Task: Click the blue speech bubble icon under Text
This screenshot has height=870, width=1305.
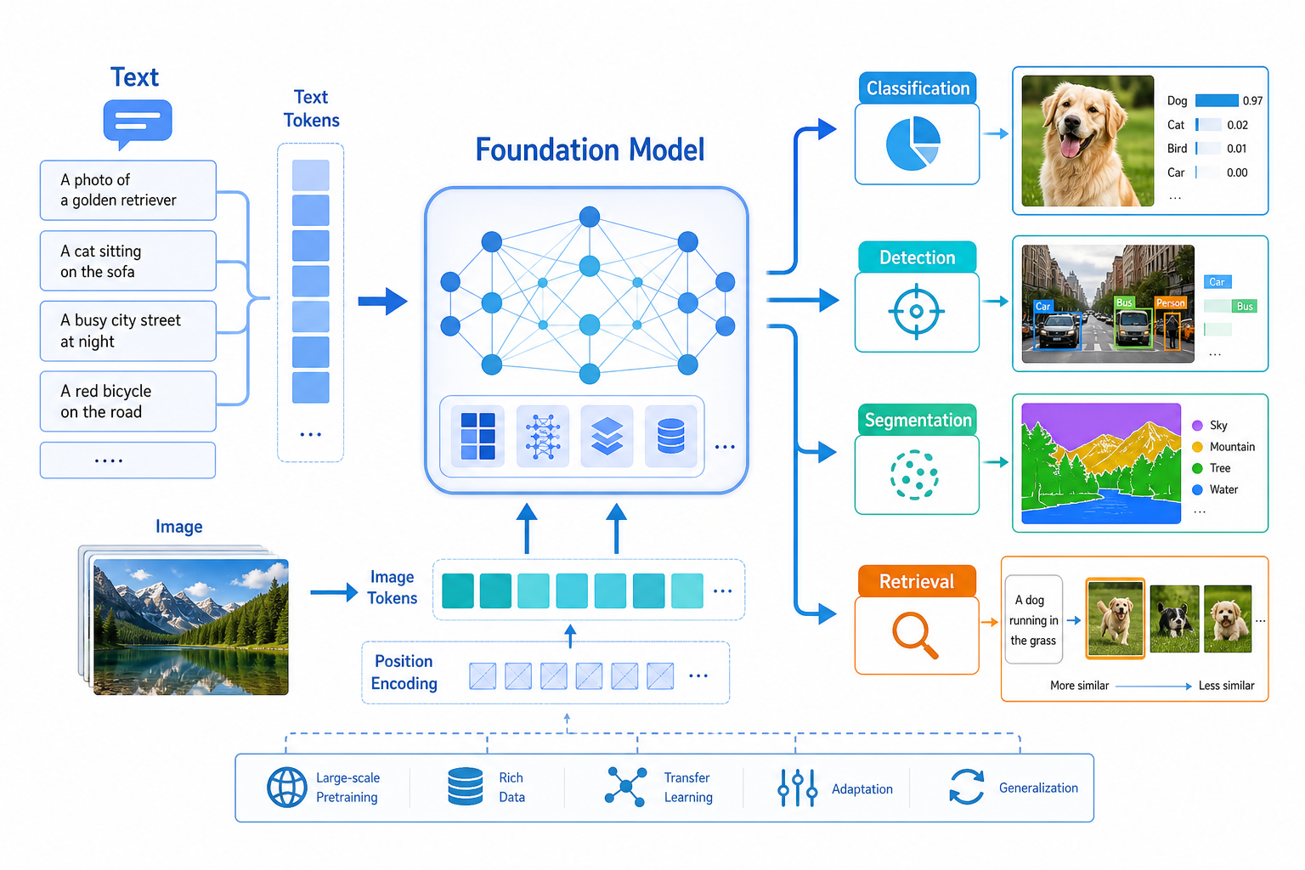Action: pos(138,123)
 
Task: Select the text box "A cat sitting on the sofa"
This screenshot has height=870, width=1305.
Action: pos(128,261)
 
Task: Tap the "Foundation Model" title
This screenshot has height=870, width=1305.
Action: pos(590,150)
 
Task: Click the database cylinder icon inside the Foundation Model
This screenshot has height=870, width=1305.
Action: pos(670,436)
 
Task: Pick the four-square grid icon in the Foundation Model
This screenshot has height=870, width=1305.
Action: pos(477,436)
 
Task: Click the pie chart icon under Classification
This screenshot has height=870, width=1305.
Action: pos(913,144)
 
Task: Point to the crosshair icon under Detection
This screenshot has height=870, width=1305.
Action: pos(917,311)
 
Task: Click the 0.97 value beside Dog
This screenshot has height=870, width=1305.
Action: pos(1252,101)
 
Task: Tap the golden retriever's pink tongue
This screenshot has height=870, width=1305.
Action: pos(1070,147)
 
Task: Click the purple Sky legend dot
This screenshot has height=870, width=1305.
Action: pos(1198,426)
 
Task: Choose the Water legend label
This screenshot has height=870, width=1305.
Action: pos(1223,489)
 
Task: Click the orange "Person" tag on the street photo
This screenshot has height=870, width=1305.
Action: pos(1171,303)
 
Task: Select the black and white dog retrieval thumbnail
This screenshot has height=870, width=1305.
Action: pos(1174,619)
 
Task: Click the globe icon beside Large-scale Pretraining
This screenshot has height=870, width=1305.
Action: pos(286,788)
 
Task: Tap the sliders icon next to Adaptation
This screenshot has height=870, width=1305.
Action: pos(797,788)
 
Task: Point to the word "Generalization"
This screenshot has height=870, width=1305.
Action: pos(1038,788)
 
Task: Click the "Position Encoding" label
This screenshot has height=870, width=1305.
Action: pos(404,672)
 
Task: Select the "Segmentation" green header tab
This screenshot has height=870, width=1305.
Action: pos(917,420)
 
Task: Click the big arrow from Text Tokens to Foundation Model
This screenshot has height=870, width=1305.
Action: pos(383,302)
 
